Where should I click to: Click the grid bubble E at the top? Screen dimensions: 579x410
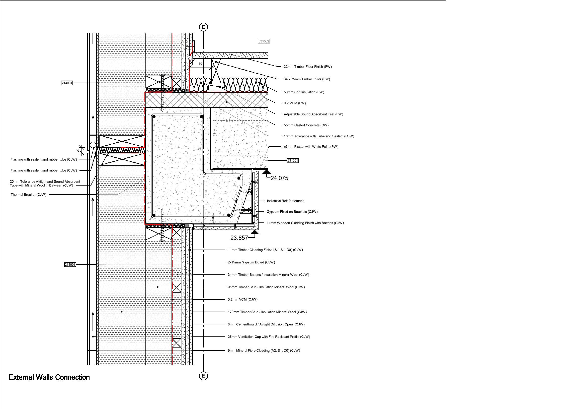click(203, 27)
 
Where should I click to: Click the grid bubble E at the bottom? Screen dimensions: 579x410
click(203, 376)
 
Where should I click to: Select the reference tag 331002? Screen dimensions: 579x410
click(264, 41)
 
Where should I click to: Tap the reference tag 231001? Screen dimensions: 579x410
click(293, 160)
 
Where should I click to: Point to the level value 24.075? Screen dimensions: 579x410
click(279, 178)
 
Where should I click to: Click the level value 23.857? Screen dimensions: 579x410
click(239, 238)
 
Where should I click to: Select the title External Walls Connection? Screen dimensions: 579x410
click(49, 377)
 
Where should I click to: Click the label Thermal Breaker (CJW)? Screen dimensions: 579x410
click(29, 195)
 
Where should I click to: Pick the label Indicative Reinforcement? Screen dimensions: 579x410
click(285, 201)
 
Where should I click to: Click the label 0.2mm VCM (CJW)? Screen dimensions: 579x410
click(242, 300)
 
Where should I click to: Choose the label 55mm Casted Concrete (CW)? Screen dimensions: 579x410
click(306, 125)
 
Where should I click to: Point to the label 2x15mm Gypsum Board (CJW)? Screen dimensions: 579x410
click(251, 262)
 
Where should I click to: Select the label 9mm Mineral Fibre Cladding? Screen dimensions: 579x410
click(264, 350)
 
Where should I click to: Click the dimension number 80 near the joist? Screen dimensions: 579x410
click(200, 64)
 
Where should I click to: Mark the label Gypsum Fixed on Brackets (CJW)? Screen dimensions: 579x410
click(292, 212)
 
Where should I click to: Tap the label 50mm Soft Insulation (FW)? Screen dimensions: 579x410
click(304, 92)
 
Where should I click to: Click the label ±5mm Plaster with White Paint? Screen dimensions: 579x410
click(311, 146)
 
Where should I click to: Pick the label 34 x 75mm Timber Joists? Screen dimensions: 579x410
click(307, 79)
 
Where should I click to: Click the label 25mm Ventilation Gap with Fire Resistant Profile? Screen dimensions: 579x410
click(269, 336)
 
